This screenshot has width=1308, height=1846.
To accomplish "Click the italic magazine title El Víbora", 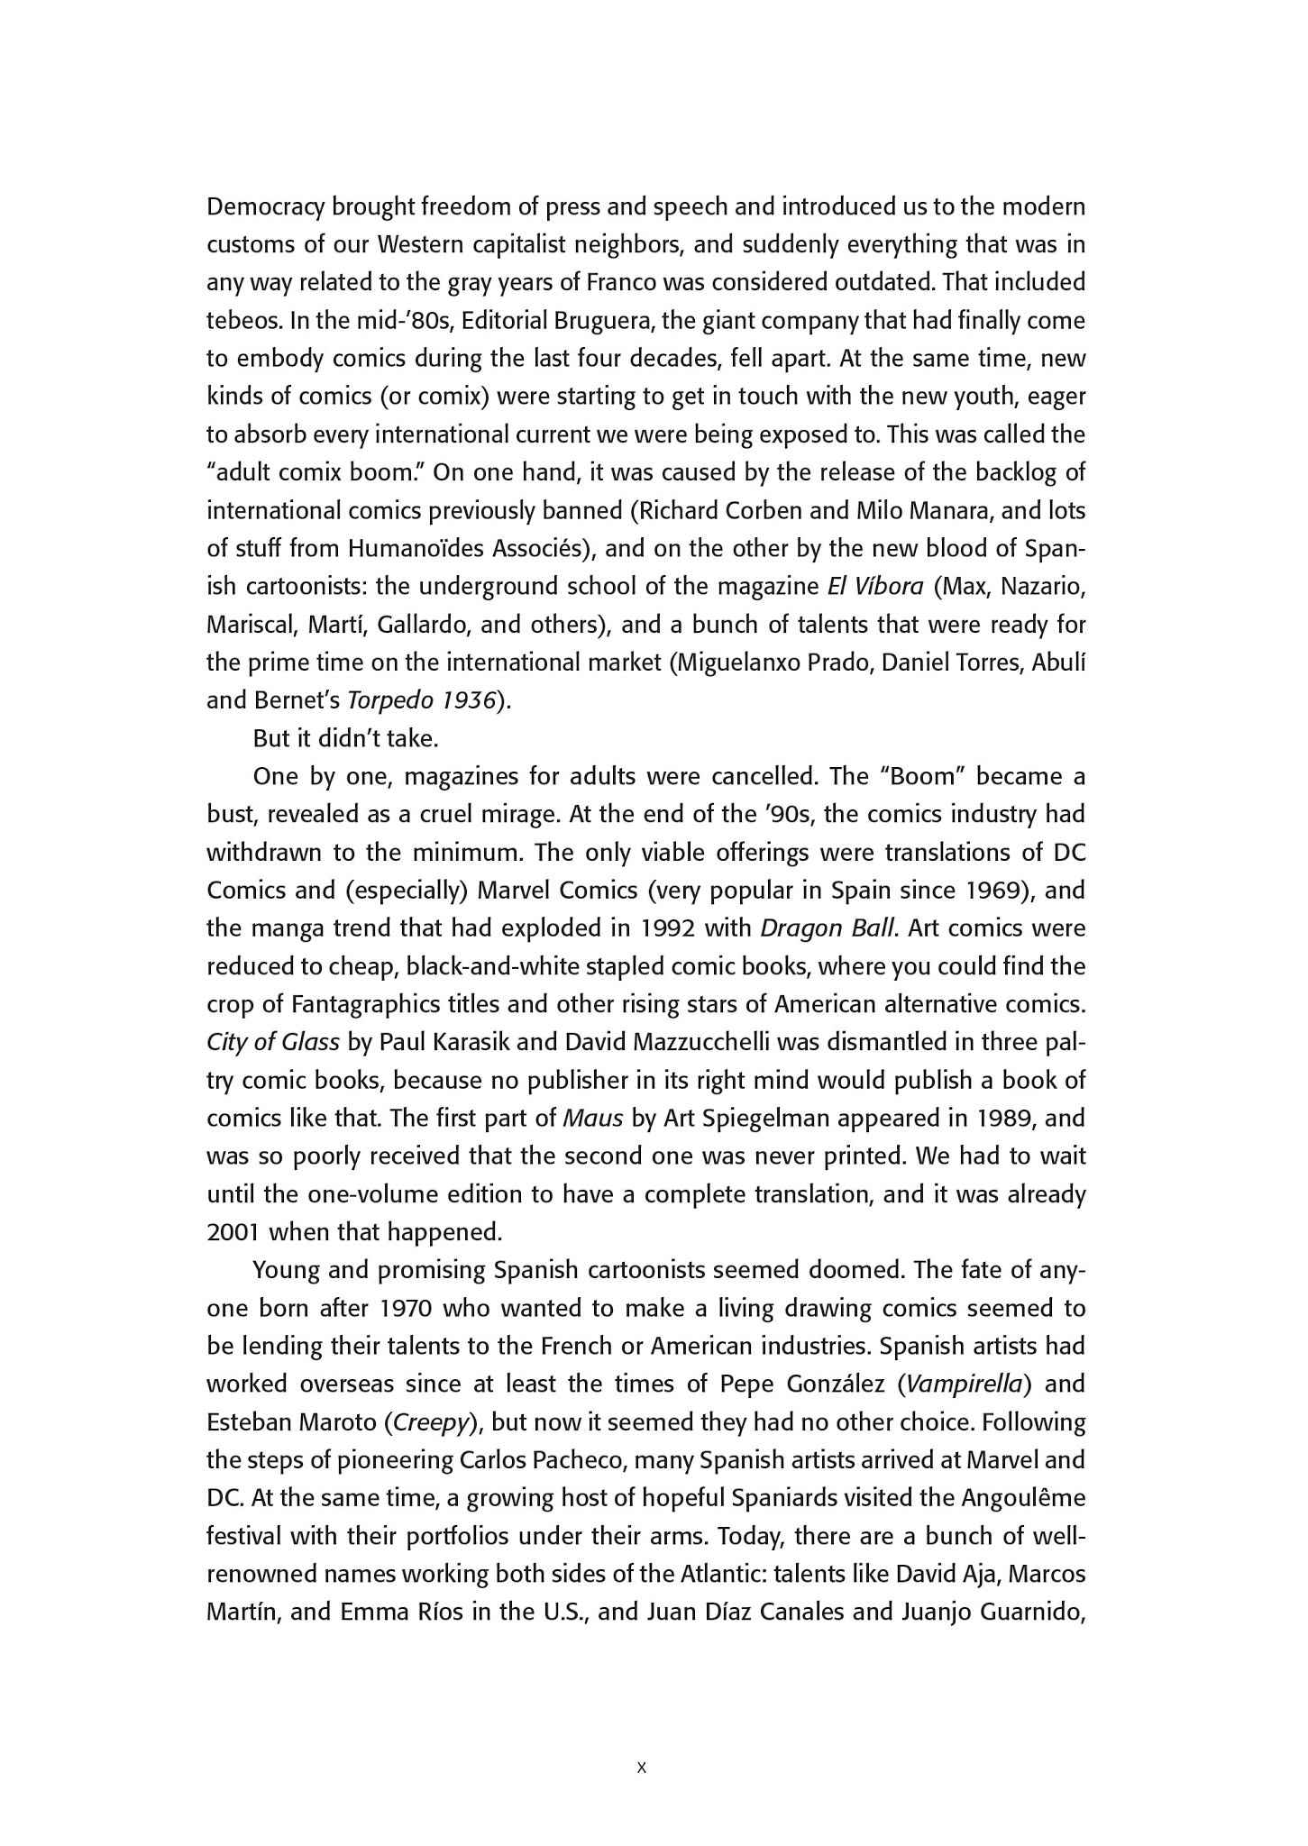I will pyautogui.click(x=875, y=587).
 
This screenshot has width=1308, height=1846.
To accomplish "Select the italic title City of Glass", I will pyautogui.click(x=273, y=1042).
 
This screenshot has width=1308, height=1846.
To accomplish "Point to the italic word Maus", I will pyautogui.click(x=592, y=1118).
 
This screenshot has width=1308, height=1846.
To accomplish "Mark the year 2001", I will pyautogui.click(x=234, y=1231).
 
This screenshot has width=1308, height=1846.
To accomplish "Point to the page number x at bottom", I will pyautogui.click(x=642, y=1768).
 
